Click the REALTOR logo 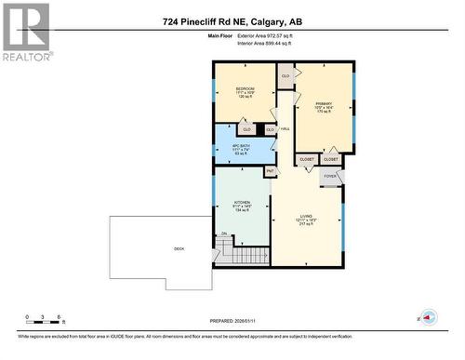pos(26,31)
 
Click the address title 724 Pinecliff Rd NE pos(232,20)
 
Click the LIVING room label pos(307,220)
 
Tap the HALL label pos(285,128)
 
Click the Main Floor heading pos(219,34)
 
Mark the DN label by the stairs pos(224,234)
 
